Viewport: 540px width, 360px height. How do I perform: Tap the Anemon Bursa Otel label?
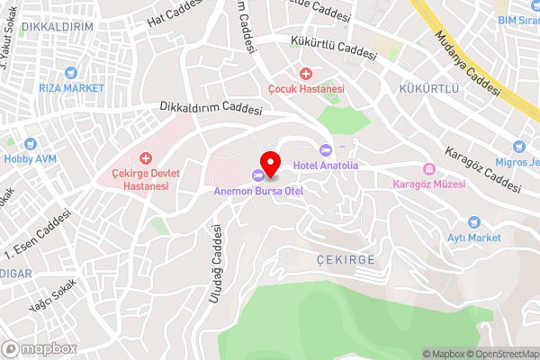258,191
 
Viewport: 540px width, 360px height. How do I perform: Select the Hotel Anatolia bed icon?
326,149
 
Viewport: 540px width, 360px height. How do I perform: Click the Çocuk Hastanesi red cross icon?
306,73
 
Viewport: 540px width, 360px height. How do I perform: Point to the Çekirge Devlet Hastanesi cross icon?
146,157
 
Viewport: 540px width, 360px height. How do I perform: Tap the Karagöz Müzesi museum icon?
429,169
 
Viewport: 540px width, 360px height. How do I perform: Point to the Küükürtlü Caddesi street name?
332,47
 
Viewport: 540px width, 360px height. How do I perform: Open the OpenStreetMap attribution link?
502,354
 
